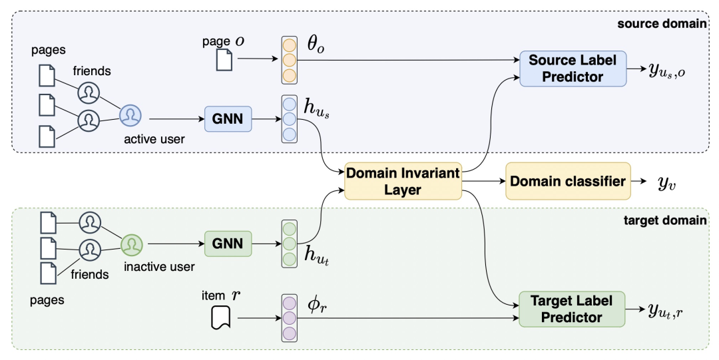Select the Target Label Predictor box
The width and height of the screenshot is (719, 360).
(572, 309)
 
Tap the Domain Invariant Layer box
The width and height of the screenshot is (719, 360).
(402, 182)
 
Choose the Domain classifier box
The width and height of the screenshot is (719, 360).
(568, 181)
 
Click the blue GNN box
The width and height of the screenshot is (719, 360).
(228, 119)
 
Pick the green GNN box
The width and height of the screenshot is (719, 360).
(228, 244)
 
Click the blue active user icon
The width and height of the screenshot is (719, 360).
(130, 116)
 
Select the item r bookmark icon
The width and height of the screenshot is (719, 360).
(220, 317)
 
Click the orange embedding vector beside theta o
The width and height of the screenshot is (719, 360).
(290, 59)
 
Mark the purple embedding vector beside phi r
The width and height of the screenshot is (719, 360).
(290, 317)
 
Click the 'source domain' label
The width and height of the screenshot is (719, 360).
(662, 24)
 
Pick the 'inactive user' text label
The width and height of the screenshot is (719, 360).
(159, 267)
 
